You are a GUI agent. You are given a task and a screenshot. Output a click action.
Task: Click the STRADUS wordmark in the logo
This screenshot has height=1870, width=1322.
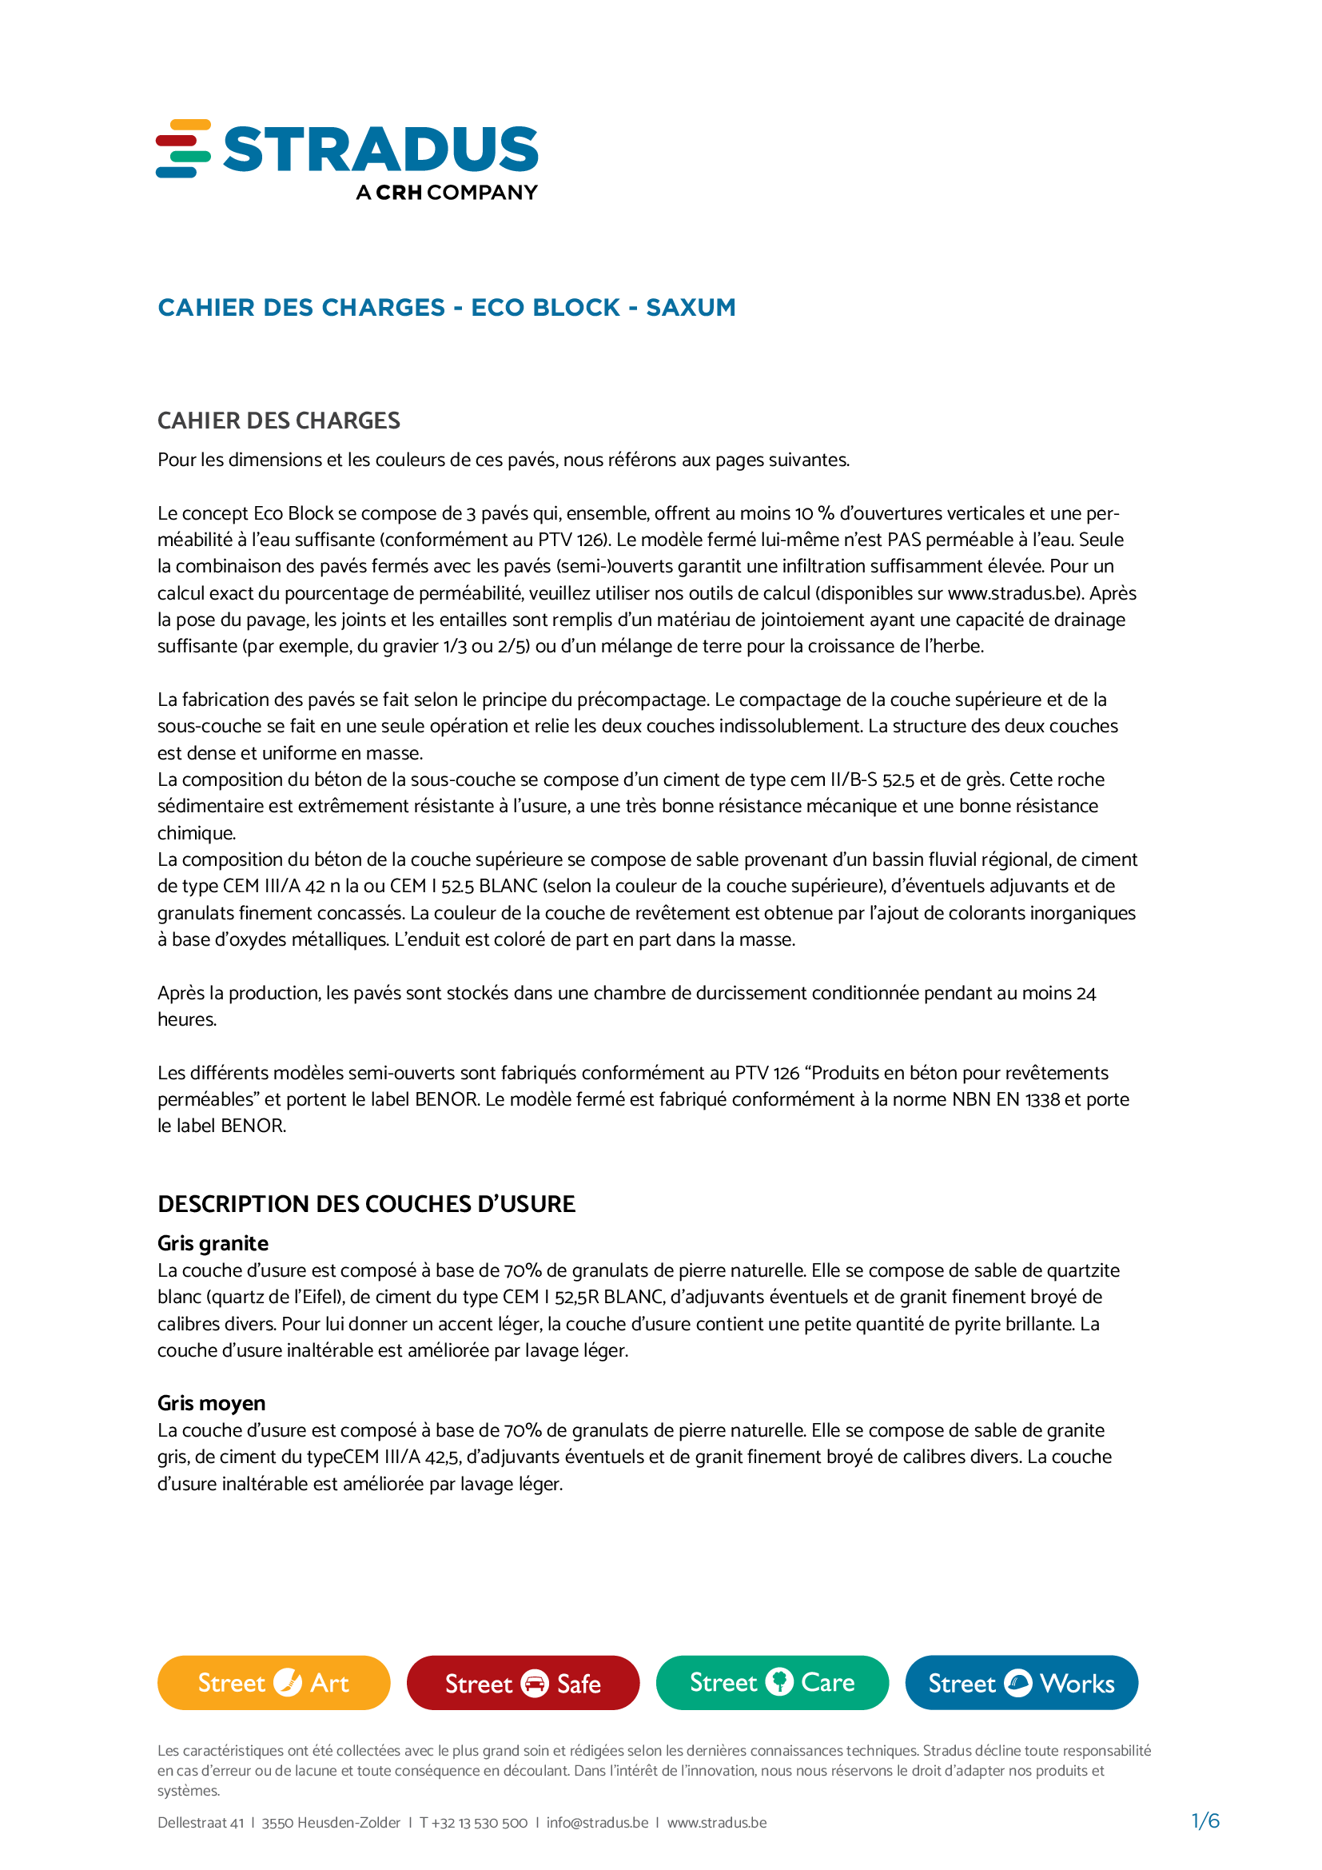pos(380,149)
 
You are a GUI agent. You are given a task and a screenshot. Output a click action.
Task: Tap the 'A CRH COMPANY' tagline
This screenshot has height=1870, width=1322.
pos(446,192)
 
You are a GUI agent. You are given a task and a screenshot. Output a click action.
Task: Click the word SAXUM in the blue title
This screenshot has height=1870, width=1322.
pos(691,307)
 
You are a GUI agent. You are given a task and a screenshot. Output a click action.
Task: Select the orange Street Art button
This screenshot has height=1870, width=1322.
pos(273,1683)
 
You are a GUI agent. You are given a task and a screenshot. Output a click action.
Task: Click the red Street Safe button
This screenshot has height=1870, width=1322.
pos(523,1683)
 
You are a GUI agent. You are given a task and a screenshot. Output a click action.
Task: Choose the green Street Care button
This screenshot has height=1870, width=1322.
pos(772,1683)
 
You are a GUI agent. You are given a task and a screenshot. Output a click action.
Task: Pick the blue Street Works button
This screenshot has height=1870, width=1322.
pos(1021,1683)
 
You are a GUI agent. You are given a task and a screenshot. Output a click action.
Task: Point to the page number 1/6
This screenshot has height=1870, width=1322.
pos(1205,1821)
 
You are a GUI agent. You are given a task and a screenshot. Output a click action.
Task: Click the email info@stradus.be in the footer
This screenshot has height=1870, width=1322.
pos(597,1823)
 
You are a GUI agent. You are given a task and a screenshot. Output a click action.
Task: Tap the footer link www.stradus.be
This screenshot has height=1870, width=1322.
pos(716,1823)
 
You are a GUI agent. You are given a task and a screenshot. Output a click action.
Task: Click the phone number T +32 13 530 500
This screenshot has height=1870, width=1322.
pos(473,1823)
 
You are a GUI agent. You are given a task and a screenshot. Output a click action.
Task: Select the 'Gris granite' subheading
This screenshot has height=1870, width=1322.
pos(213,1243)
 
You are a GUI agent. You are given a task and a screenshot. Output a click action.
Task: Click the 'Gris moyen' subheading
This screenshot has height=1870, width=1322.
pos(211,1402)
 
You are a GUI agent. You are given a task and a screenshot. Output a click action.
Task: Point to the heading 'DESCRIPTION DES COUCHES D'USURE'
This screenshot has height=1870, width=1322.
pos(366,1204)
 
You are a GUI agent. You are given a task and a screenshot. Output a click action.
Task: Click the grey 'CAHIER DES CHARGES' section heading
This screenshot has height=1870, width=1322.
pos(278,421)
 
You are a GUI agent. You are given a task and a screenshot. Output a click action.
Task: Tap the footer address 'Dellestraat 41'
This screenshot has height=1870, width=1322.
pos(201,1823)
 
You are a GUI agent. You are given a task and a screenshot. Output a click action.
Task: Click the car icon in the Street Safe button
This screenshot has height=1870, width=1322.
pos(534,1684)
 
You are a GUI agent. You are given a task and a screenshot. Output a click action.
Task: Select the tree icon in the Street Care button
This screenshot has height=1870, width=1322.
pos(779,1682)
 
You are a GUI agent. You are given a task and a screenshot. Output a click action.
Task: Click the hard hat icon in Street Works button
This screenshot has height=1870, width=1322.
pos(1017,1683)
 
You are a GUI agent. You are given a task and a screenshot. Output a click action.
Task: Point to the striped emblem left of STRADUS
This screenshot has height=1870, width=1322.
pos(183,148)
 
